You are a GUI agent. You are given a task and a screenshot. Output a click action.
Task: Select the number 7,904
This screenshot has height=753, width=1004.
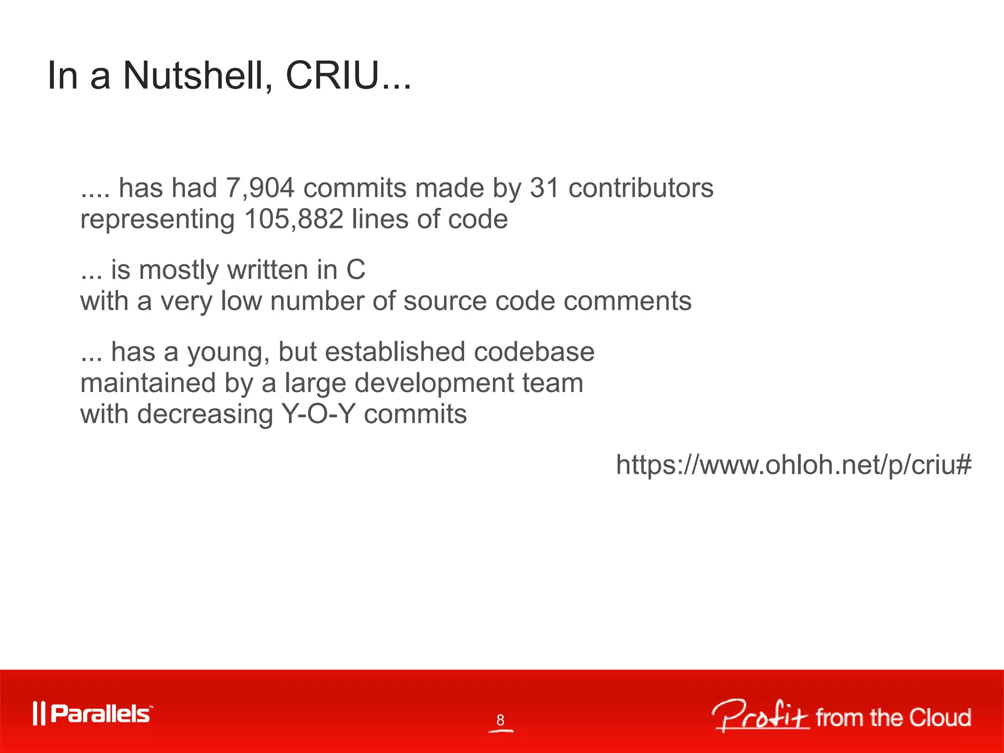260,188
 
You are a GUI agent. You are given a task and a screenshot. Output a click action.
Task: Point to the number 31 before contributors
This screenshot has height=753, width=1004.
545,188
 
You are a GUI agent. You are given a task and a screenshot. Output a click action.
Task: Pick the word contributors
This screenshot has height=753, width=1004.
641,188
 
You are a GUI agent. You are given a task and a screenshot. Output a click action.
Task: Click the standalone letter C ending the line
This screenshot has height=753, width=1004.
356,270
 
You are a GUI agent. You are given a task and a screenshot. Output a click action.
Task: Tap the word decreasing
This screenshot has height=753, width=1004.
205,415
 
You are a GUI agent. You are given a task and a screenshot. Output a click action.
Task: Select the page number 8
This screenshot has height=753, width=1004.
500,720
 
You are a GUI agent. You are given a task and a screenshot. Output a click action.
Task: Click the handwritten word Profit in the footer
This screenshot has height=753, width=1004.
760,716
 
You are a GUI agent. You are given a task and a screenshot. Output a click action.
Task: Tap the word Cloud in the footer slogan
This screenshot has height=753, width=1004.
940,718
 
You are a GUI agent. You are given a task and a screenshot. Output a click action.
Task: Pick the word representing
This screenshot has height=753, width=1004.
157,220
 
